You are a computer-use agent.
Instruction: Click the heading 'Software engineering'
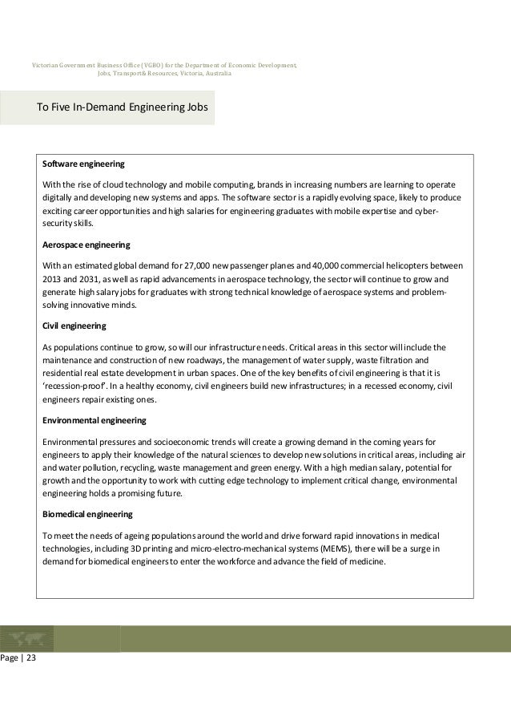pyautogui.click(x=83, y=164)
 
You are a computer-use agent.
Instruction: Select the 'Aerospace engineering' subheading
pyautogui.click(x=86, y=244)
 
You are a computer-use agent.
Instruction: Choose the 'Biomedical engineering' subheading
pyautogui.click(x=87, y=513)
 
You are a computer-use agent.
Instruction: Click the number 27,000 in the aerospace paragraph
pyautogui.click(x=196, y=265)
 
